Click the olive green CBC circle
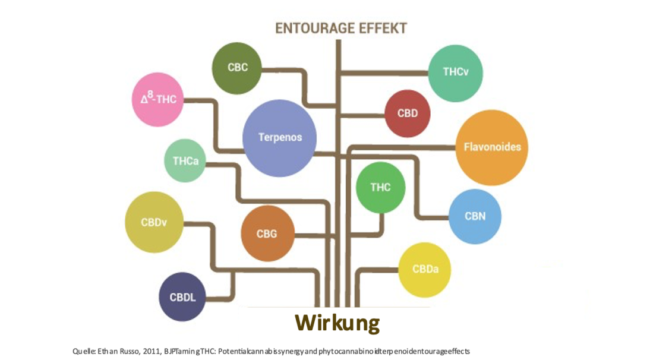tap(237, 68)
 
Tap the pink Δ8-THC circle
tap(157, 99)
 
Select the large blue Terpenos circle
tap(280, 138)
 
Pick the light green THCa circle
tap(185, 161)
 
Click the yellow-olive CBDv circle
tap(153, 223)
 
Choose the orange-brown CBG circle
tap(267, 233)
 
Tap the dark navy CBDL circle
tap(182, 297)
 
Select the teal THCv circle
tap(455, 73)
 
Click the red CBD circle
tap(407, 113)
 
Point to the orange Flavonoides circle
tap(491, 147)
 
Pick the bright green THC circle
tap(380, 188)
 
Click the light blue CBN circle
tap(475, 216)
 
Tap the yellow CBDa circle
tap(425, 270)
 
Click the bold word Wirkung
tap(337, 323)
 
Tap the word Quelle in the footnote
tap(83, 351)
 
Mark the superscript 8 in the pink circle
tap(151, 94)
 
